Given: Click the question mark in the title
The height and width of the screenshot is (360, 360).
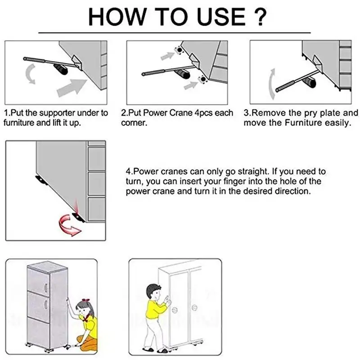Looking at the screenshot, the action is (x=260, y=17).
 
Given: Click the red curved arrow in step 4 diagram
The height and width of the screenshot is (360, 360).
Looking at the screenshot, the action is (x=69, y=225).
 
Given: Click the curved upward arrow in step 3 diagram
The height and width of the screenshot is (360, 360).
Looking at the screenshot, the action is (x=271, y=84).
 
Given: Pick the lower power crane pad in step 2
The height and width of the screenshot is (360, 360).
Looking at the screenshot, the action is (x=202, y=80).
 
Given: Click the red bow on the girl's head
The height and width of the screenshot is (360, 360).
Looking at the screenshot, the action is (x=85, y=300).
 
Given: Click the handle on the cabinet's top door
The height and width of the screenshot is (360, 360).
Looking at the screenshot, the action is (x=46, y=288).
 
